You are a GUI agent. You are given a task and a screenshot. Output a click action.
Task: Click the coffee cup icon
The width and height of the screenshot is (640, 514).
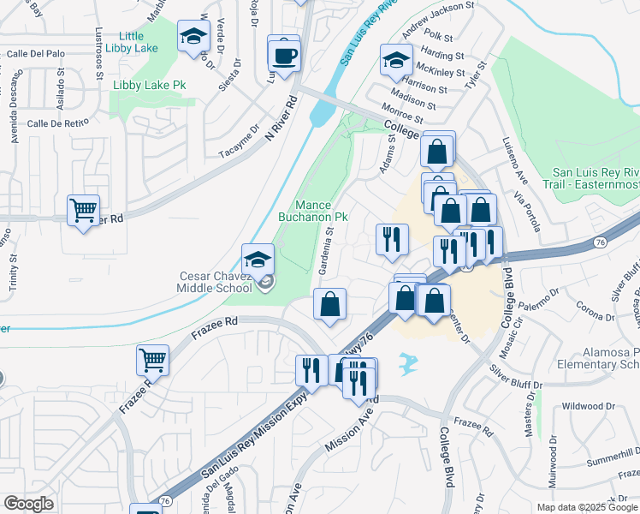[x=284, y=56]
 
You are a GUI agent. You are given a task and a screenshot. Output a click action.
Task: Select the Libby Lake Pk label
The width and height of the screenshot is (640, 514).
[x=150, y=86]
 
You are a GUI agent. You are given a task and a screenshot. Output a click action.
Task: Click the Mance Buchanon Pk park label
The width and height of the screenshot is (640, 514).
[x=311, y=211]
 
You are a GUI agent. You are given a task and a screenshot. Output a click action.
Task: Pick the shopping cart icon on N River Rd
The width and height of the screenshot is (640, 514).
[x=83, y=210]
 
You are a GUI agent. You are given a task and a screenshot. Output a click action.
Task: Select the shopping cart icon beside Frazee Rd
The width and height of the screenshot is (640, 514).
[x=152, y=360]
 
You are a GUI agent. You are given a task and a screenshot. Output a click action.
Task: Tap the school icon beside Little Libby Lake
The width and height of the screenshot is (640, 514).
[x=193, y=38]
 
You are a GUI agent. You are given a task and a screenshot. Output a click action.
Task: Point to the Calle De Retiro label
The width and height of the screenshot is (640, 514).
[x=58, y=123]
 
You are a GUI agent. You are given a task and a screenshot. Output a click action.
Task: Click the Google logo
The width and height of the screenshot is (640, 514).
[x=28, y=504]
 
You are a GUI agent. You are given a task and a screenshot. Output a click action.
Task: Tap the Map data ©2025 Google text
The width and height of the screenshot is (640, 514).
[x=586, y=507]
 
